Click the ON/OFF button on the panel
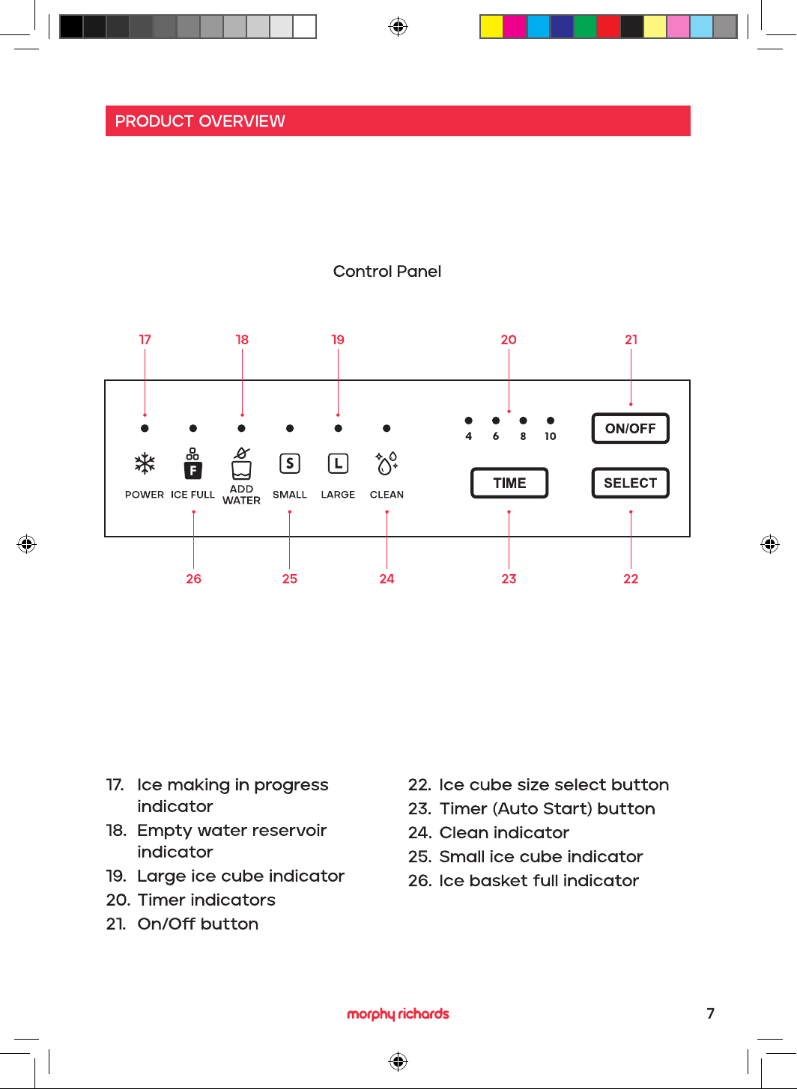coord(630,428)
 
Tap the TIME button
coord(509,483)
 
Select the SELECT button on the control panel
coord(630,483)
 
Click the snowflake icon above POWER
coord(145,463)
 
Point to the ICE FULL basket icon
coord(193,463)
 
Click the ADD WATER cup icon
coord(241,463)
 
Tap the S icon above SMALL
coord(289,463)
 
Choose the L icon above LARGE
coord(338,463)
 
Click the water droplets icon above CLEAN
coord(387,463)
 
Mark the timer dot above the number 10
coord(551,420)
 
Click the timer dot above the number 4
coord(469,420)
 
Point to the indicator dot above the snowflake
coord(145,428)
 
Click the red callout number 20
coord(509,340)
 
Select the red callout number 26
coord(193,579)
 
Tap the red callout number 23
coord(509,579)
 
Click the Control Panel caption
coord(387,271)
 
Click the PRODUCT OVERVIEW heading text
coord(200,121)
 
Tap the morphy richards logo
coord(398,1013)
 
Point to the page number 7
coord(710,1013)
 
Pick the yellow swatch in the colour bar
coord(491,27)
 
